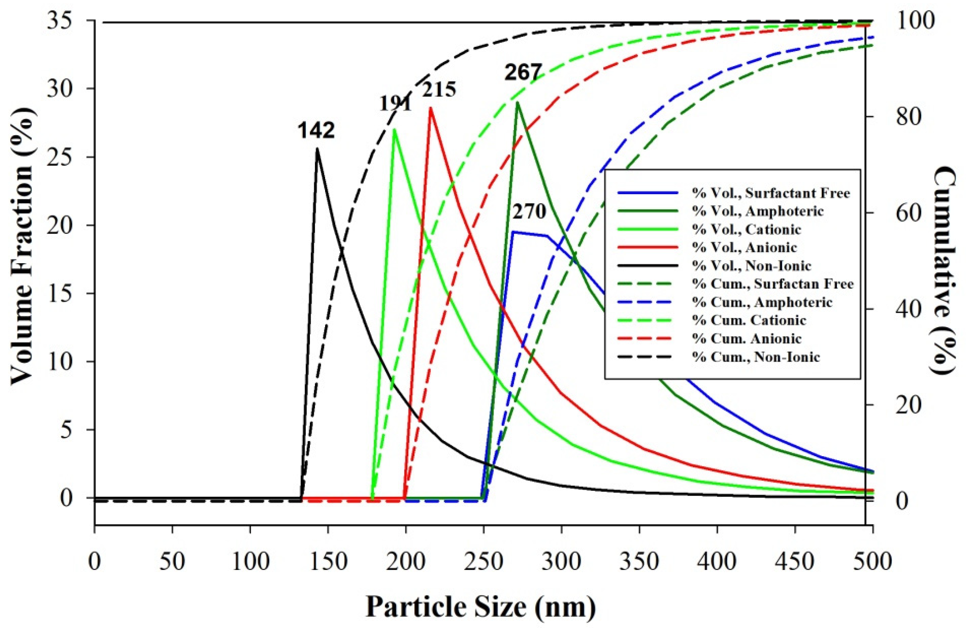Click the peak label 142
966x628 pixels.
pyautogui.click(x=316, y=131)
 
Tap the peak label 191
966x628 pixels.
pyautogui.click(x=395, y=103)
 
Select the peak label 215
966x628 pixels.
pyautogui.click(x=439, y=90)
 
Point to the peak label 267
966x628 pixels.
pyautogui.click(x=523, y=73)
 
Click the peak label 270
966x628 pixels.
pyautogui.click(x=529, y=212)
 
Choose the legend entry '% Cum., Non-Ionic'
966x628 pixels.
pyautogui.click(x=756, y=357)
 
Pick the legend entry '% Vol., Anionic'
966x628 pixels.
pyautogui.click(x=744, y=248)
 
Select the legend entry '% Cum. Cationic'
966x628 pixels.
pyautogui.click(x=749, y=321)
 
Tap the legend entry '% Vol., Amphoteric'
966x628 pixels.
pyautogui.click(x=757, y=211)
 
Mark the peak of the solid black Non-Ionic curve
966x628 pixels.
pyautogui.click(x=317, y=148)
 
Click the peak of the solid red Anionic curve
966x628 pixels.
pyautogui.click(x=430, y=107)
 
